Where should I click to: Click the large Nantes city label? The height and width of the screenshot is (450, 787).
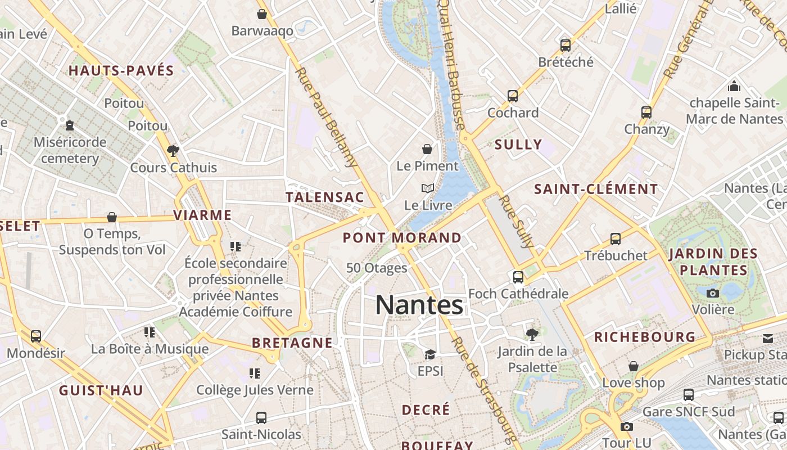419,305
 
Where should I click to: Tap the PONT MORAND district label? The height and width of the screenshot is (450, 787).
402,238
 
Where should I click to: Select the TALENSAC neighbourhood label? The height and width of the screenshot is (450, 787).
325,197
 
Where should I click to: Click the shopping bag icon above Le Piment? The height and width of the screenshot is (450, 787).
427,149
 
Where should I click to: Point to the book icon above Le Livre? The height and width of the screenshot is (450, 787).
428,188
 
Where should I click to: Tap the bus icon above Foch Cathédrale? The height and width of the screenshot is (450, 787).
518,277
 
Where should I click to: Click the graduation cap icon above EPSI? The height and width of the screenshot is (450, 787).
430,354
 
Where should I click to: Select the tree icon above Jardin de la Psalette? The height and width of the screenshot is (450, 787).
531,335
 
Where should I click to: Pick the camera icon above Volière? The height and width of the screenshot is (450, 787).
713,293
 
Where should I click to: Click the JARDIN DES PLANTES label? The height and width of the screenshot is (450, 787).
713,262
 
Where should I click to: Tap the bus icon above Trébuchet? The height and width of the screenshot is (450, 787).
616,238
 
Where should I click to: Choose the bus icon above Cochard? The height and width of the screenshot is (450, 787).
512,96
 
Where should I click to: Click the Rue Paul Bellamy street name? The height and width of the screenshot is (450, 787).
326,118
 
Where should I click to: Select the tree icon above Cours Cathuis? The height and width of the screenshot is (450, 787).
173,151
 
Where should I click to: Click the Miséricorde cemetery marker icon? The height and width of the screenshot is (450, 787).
69,125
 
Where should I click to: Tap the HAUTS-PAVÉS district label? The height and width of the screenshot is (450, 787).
121,71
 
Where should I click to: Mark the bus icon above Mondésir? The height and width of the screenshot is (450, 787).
36,336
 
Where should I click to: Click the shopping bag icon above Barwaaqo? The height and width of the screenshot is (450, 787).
261,14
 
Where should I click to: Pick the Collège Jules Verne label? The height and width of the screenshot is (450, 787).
255,389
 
